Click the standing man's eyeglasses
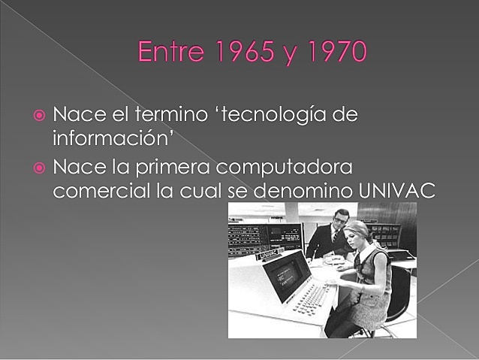tap(341, 219)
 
